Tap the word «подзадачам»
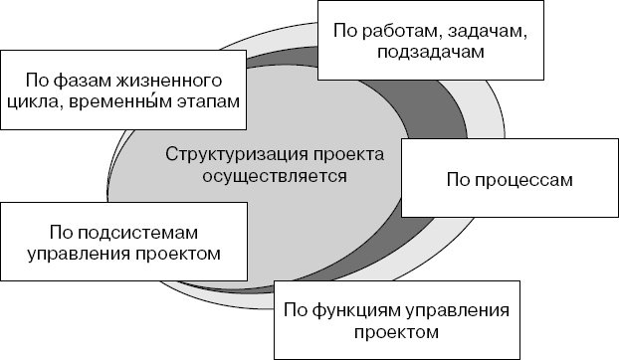coord(431,53)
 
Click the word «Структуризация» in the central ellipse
coord(230,155)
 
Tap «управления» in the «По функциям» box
coord(460,309)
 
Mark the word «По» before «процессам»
coord(457,182)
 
